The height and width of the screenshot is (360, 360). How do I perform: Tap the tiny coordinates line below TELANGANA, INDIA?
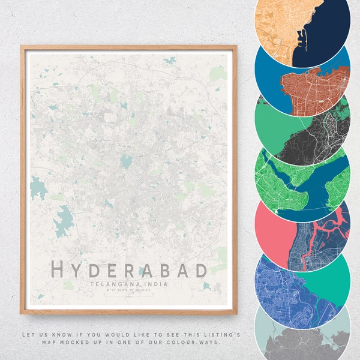(x=128, y=290)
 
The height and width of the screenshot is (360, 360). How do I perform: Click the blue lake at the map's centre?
(x=126, y=161)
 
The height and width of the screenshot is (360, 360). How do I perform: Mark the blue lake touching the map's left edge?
(x=38, y=188)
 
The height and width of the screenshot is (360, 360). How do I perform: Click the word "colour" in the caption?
(x=190, y=342)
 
